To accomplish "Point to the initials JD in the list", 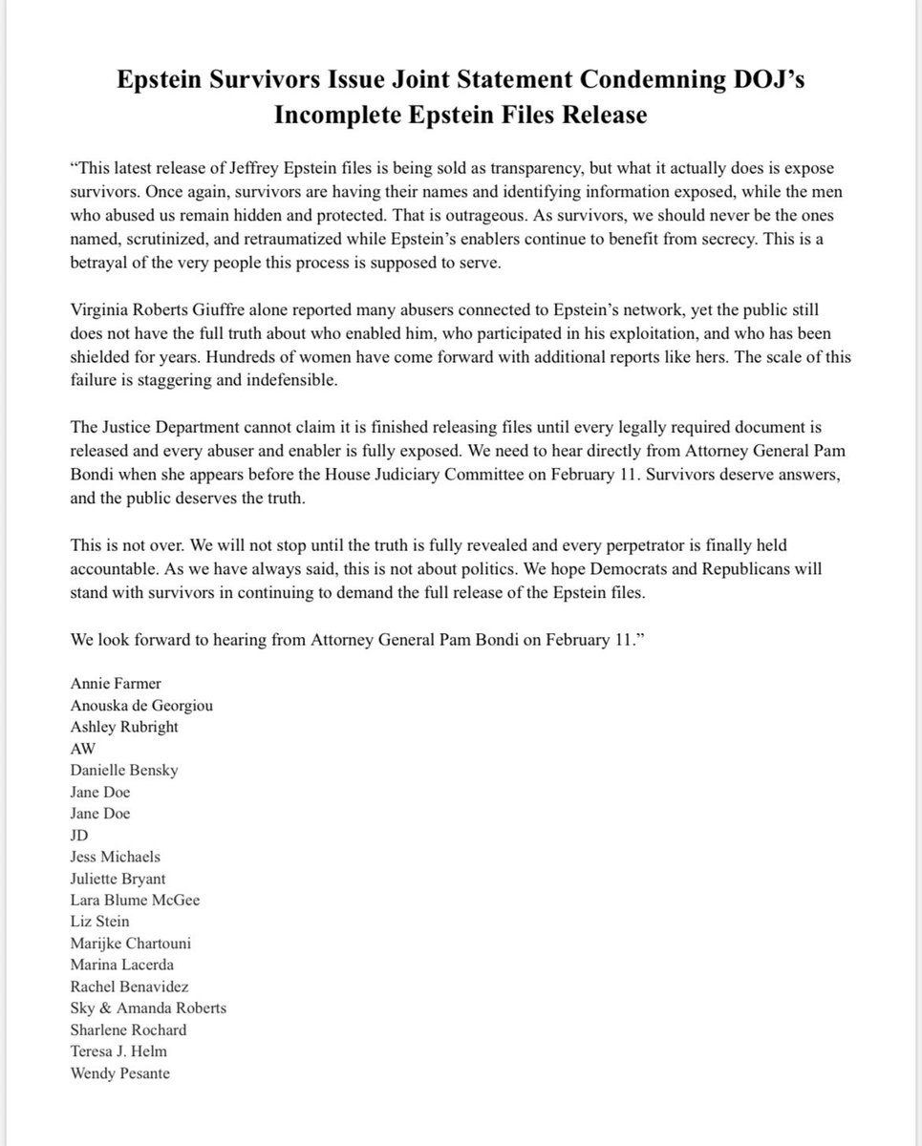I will click(x=79, y=835).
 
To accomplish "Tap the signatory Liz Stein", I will click(x=99, y=921).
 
